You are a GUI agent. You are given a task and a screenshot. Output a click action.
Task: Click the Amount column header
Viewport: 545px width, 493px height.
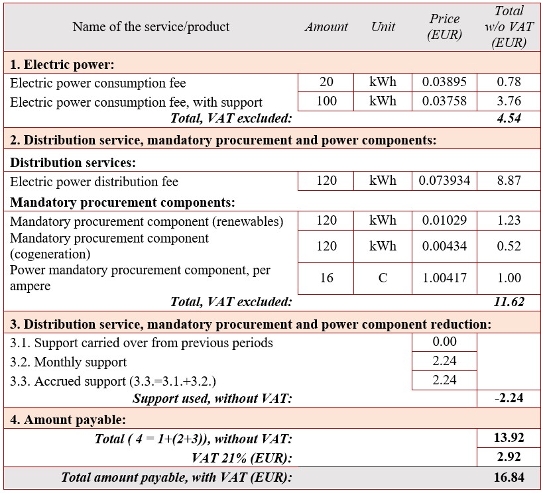click(326, 27)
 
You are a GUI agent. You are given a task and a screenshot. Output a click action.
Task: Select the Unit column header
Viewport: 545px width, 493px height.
click(383, 27)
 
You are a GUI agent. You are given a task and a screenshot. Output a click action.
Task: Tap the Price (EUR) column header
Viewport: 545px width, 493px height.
click(444, 27)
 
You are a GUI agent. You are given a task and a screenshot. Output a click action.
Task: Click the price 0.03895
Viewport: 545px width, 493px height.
click(444, 82)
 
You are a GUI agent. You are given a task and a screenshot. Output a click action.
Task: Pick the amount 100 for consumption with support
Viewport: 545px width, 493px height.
click(326, 101)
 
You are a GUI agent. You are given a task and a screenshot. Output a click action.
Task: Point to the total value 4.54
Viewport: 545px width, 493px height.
click(509, 119)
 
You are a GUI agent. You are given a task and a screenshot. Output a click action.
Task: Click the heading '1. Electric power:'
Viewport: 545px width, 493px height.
click(62, 65)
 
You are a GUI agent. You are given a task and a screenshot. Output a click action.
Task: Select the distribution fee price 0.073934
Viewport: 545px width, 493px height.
click(444, 181)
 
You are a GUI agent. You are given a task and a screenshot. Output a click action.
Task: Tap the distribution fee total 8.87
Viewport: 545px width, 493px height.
click(509, 181)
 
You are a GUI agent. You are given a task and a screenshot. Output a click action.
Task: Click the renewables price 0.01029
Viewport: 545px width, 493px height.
click(444, 220)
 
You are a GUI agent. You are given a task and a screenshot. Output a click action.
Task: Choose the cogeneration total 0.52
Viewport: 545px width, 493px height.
click(509, 246)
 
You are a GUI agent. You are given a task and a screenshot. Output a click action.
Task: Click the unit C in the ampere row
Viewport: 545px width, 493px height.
click(383, 278)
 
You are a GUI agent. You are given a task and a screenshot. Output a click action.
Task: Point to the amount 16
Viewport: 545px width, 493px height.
click(326, 278)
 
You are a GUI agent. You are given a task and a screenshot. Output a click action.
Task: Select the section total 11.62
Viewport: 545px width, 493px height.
click(509, 302)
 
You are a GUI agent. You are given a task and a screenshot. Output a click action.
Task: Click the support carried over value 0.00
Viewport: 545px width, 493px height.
click(444, 342)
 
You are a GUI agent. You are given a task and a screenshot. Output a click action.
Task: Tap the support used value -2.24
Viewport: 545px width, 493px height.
click(509, 398)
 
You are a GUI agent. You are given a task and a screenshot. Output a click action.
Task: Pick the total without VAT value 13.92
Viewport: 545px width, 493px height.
click(509, 438)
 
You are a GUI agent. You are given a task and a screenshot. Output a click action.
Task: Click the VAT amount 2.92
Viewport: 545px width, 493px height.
click(509, 457)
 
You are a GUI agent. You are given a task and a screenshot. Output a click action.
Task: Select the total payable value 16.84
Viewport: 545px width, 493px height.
click(509, 477)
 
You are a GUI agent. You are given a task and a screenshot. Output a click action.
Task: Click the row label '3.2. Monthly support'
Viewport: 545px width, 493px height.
click(68, 362)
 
